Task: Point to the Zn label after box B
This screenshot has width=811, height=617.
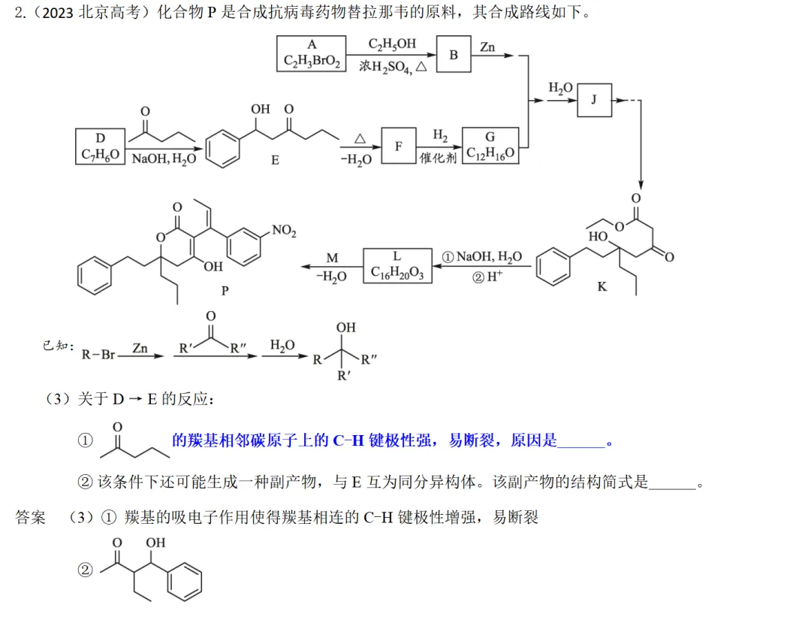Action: [x=487, y=47]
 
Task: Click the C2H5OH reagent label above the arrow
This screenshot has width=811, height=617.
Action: [x=392, y=44]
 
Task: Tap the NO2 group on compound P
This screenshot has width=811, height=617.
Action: [x=284, y=230]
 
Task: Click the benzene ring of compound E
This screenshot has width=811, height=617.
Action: [x=223, y=150]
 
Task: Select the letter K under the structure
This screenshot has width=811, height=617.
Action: [x=602, y=287]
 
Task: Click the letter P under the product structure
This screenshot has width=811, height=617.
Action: [x=225, y=291]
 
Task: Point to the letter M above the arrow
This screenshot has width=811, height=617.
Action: [x=332, y=258]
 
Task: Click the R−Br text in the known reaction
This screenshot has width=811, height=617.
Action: [x=98, y=355]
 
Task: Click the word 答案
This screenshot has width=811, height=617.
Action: [x=31, y=517]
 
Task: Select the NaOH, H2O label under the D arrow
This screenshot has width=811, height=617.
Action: [x=164, y=159]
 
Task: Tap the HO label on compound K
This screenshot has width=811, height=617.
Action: [x=598, y=237]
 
